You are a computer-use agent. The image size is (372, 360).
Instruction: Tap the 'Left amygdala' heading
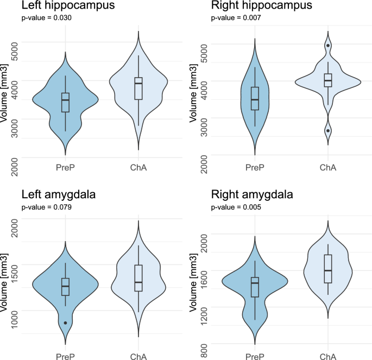pyautogui.click(x=60, y=194)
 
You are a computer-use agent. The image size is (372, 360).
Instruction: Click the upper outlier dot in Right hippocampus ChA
pyautogui.click(x=328, y=46)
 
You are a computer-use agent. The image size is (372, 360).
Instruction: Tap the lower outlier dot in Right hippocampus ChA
pyautogui.click(x=328, y=130)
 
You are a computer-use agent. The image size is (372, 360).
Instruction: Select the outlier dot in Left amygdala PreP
pyautogui.click(x=66, y=323)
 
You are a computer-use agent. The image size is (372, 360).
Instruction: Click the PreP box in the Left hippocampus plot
pyautogui.click(x=66, y=102)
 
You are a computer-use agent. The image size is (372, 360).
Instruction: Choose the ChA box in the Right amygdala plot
pyautogui.click(x=327, y=268)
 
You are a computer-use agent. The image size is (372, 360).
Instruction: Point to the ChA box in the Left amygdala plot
pyautogui.click(x=138, y=278)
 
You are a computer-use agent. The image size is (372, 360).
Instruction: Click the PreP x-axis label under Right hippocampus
pyautogui.click(x=254, y=168)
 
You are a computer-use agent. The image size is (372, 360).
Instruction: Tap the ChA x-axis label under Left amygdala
pyautogui.click(x=138, y=356)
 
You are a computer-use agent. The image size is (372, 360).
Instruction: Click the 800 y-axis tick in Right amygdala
pyautogui.click(x=203, y=344)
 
